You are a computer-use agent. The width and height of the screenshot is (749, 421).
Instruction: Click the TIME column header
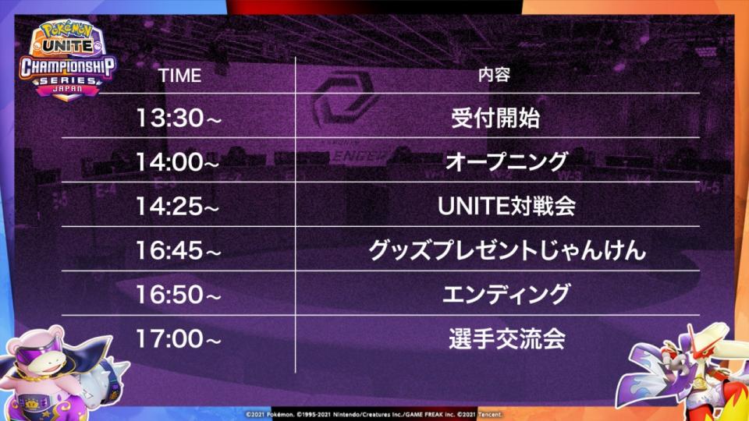(x=179, y=76)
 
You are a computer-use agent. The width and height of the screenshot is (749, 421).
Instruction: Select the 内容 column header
(x=495, y=75)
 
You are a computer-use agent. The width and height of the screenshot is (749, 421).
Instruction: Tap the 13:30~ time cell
(x=179, y=118)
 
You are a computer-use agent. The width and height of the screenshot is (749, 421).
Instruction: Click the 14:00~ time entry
(x=177, y=162)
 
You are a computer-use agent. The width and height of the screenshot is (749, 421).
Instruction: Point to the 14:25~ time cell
(x=177, y=206)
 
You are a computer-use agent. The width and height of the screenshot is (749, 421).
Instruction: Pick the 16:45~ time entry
(x=179, y=250)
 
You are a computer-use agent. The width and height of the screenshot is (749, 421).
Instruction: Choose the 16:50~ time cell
(x=179, y=295)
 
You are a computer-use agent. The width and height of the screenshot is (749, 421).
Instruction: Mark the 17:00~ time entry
(x=179, y=338)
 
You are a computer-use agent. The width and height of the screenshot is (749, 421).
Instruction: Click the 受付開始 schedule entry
(x=495, y=118)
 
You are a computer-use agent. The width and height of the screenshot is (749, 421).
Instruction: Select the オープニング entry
(x=506, y=162)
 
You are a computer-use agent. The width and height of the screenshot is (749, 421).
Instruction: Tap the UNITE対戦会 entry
(x=506, y=206)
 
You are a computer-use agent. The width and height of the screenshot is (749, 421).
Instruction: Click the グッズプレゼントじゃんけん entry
(x=507, y=250)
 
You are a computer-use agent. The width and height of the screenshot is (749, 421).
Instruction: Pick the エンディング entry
(x=506, y=294)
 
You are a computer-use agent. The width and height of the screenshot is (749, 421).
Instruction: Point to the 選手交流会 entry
(x=507, y=338)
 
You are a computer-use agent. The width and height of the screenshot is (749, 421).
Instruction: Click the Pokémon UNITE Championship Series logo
(x=67, y=60)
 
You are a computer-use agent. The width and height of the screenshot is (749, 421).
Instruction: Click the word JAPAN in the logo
(x=67, y=89)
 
